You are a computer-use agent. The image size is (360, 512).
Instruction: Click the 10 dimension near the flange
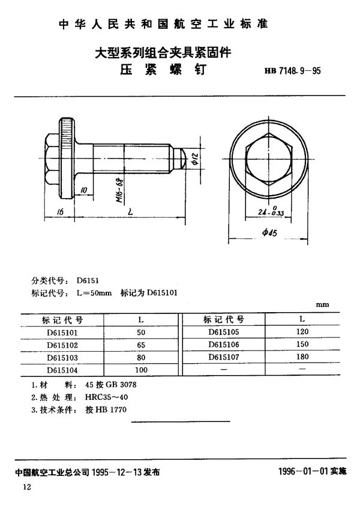coord(82,191)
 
